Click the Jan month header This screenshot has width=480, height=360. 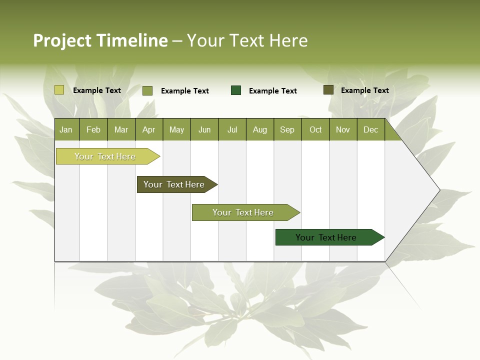click(x=66, y=129)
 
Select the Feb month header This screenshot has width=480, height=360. click(x=93, y=129)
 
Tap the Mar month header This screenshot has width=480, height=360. click(x=121, y=129)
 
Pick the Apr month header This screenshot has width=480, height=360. click(x=149, y=129)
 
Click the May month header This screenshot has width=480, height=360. click(x=176, y=129)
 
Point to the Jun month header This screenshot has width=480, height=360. click(x=204, y=129)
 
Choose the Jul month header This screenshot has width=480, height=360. click(x=232, y=129)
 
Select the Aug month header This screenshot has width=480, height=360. click(x=260, y=129)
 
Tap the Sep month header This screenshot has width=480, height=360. click(x=287, y=129)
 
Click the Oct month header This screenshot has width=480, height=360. click(x=315, y=129)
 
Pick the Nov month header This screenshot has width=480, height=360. click(x=343, y=129)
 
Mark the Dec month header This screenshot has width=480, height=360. click(x=371, y=129)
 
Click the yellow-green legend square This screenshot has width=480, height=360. click(x=59, y=90)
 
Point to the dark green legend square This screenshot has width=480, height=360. click(x=236, y=90)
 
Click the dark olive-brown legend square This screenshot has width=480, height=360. click(x=328, y=90)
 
